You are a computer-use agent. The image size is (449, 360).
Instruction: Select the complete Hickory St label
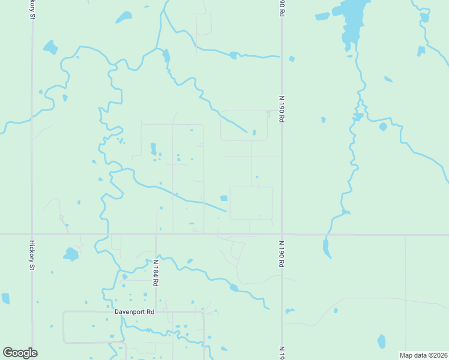[x=32, y=256]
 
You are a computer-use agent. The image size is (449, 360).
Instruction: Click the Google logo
[x=20, y=353]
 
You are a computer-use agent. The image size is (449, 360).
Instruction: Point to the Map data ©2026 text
[x=423, y=355]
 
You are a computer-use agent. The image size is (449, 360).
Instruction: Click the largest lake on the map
[x=353, y=22]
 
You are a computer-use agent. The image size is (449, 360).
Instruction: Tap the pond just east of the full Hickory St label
[x=71, y=254]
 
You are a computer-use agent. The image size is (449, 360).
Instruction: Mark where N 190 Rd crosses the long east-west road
[x=282, y=234]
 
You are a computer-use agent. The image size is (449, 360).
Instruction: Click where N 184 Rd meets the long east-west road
[x=155, y=234]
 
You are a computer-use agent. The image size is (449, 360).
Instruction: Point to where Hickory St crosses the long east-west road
[x=32, y=234]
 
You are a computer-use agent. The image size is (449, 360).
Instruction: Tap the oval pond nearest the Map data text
[x=381, y=341]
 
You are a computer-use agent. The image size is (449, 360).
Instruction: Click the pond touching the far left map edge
[x=5, y=298]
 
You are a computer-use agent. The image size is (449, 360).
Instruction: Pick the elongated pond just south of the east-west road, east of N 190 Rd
[x=326, y=248]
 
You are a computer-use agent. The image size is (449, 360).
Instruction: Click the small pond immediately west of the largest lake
[x=322, y=16]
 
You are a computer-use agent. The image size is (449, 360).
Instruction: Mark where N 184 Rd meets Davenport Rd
[x=155, y=312]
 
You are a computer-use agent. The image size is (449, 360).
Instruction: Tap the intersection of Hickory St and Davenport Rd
[x=32, y=312]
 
